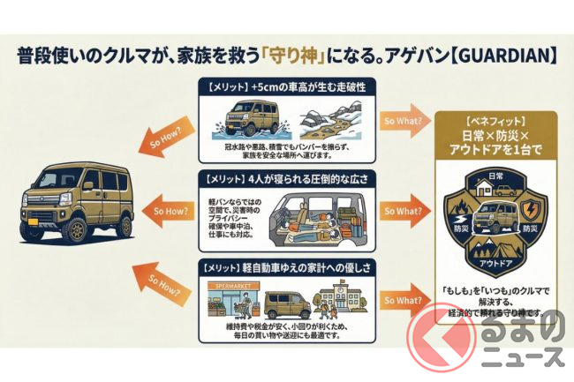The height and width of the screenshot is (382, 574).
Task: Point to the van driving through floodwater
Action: click(248, 116)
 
